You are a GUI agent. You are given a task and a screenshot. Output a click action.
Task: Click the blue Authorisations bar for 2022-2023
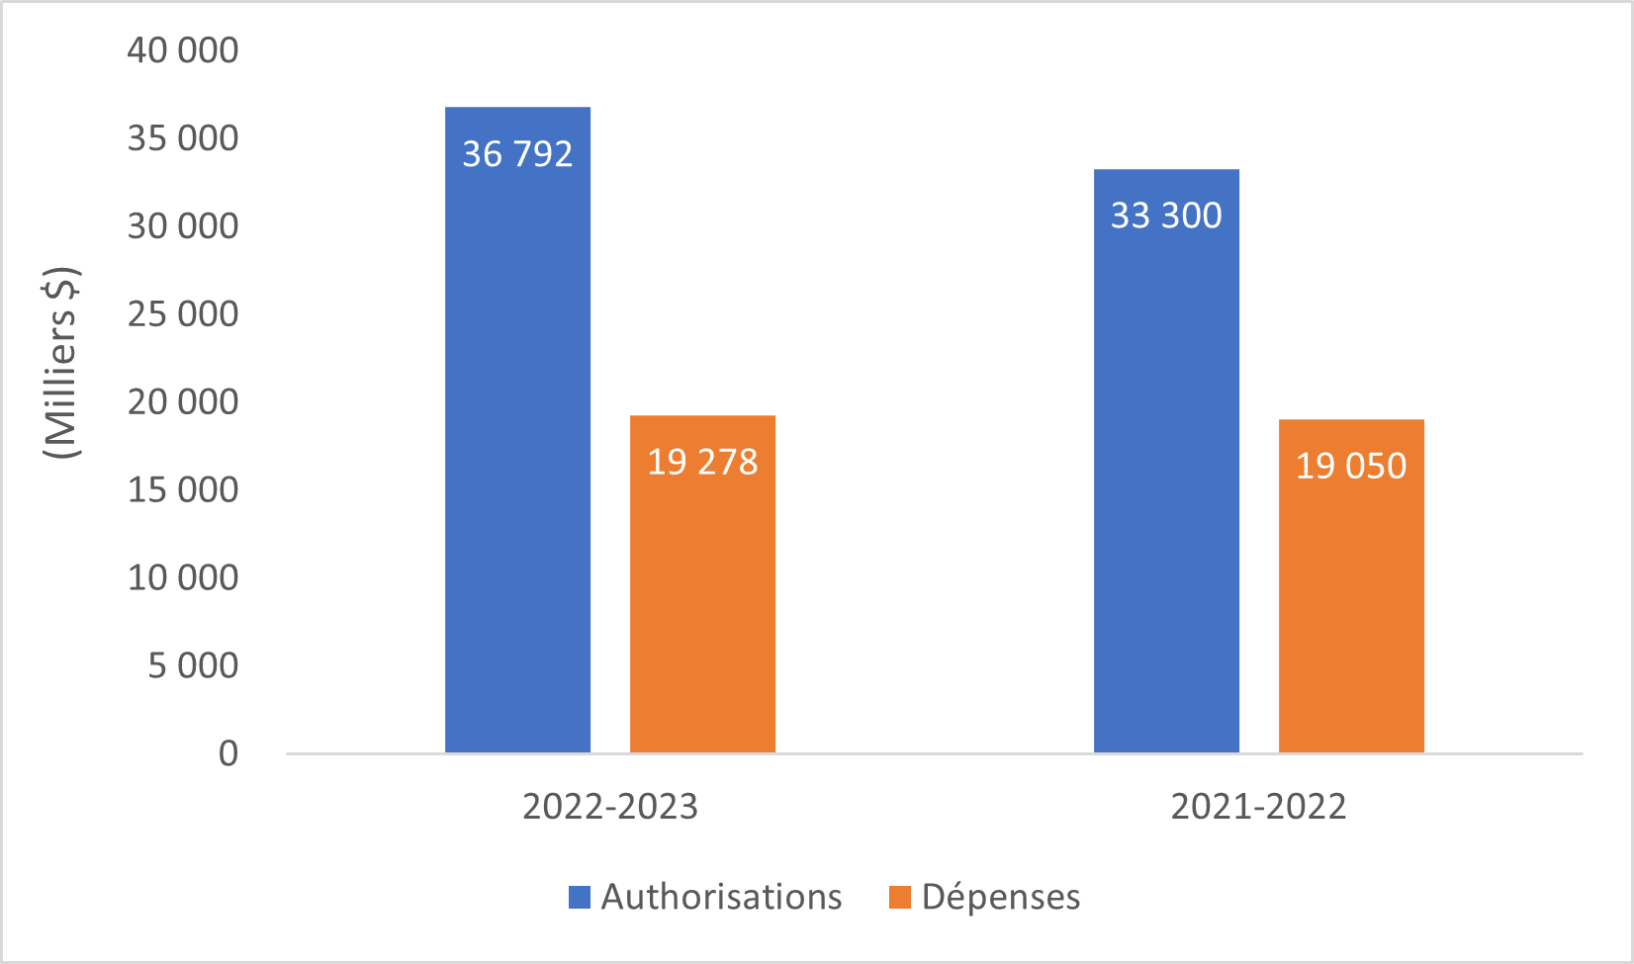(517, 445)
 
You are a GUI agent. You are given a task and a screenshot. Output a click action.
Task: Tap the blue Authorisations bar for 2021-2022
(1166, 475)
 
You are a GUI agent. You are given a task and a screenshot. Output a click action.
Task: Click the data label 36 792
(517, 154)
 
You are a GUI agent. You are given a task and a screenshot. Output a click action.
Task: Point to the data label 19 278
(702, 462)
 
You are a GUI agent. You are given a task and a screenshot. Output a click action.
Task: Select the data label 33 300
(1166, 216)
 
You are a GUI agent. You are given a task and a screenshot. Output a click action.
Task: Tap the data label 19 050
(1351, 466)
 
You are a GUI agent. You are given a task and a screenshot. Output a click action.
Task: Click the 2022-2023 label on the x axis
(610, 807)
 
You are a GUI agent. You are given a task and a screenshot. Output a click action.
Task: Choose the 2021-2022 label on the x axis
(1258, 807)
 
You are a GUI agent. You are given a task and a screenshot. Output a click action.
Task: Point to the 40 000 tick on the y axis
(183, 50)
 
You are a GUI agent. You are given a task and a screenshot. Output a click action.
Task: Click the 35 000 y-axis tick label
(183, 138)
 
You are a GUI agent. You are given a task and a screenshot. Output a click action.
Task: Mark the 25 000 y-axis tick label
(183, 314)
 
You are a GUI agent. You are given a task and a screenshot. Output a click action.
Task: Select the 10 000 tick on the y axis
(183, 577)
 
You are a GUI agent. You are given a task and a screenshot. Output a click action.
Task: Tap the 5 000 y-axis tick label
(193, 665)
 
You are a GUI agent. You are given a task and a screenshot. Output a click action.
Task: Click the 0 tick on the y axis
(228, 753)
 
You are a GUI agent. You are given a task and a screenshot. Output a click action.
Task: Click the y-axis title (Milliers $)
(61, 362)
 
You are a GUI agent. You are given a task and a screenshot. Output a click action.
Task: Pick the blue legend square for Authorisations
(580, 897)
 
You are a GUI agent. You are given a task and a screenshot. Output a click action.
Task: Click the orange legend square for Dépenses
(900, 897)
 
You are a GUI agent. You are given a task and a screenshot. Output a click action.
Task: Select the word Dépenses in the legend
(1001, 897)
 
